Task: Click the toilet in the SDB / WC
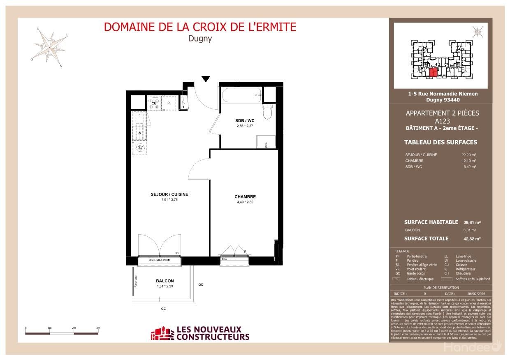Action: tap(267, 111)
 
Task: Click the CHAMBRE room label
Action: tap(245, 197)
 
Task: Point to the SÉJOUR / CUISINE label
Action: tap(169, 194)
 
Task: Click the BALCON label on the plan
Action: tap(165, 281)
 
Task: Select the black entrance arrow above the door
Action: tap(206, 78)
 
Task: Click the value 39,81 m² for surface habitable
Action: tap(472, 222)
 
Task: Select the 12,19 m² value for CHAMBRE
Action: tap(468, 161)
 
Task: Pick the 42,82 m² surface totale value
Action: tap(472, 239)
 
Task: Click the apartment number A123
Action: tap(442, 121)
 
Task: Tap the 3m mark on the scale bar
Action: tap(98, 328)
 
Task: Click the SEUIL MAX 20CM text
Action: tap(160, 261)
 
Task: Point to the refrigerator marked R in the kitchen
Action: tap(168, 104)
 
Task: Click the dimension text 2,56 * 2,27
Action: tap(245, 126)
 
